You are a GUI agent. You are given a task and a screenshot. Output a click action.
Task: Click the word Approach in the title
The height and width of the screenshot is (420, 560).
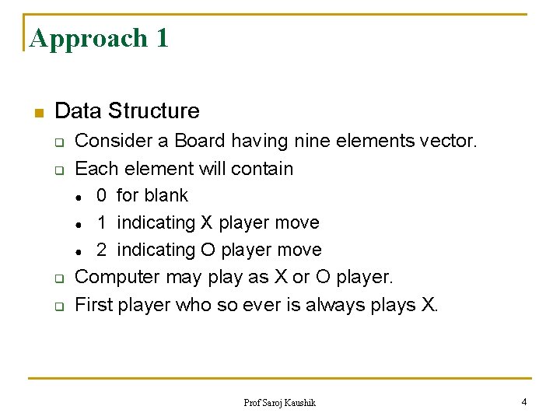[x=88, y=38]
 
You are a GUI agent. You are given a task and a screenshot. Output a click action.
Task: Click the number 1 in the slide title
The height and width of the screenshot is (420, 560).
[x=161, y=37]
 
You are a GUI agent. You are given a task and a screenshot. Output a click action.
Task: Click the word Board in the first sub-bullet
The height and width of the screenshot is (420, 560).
[x=199, y=142]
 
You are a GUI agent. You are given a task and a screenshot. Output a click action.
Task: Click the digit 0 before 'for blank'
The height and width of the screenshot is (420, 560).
[x=102, y=195]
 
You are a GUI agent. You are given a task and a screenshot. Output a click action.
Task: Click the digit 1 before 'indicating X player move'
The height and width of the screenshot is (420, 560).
[x=102, y=222]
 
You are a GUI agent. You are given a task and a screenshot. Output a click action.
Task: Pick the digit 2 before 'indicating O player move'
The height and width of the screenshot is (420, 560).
[x=102, y=250]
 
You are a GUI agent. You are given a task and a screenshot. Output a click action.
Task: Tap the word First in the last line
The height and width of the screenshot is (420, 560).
[x=93, y=304]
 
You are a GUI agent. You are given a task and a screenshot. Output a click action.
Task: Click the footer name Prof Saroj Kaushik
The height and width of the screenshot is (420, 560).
[x=280, y=402]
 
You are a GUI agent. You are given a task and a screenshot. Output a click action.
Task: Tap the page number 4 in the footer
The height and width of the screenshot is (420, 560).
[x=523, y=401]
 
